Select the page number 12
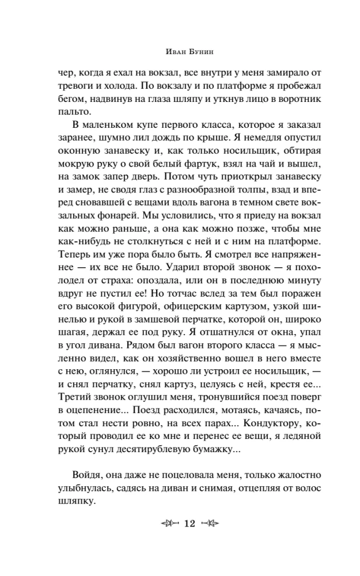(190, 524)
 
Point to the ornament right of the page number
(211, 524)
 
